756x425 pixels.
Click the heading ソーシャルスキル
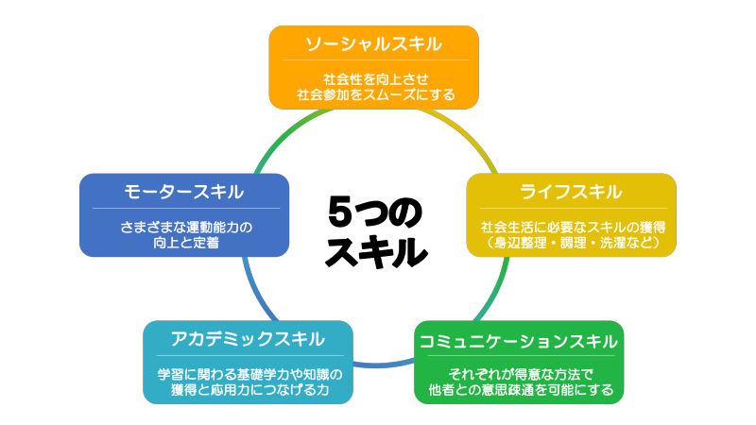point(374,44)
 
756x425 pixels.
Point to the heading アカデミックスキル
point(248,338)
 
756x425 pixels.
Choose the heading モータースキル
point(184,192)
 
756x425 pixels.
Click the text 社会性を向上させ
point(375,77)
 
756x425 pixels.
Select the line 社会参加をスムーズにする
point(375,93)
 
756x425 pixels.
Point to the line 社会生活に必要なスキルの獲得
point(572,226)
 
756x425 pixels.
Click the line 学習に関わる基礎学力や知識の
point(249,372)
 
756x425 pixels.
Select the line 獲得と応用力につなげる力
point(249,388)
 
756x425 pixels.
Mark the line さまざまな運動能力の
point(184,226)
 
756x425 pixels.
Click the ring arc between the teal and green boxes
point(384,365)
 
